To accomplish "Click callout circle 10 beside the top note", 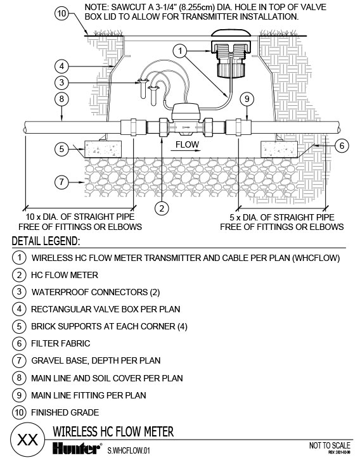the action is [62, 14].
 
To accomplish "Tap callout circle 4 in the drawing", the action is [61, 67].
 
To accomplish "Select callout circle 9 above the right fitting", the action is [247, 99].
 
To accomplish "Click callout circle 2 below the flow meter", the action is [162, 208].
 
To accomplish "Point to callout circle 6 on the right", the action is [342, 145].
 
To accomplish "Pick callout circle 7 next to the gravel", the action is [61, 182].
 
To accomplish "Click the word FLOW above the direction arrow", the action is [187, 144].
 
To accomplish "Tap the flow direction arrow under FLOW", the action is [186, 151].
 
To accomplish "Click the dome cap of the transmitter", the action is [231, 33].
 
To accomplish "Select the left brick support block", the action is [103, 149].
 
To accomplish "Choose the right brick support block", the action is [279, 149].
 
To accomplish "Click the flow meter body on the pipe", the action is [186, 120].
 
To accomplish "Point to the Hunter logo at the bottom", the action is [77, 448].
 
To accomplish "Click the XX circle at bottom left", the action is [28, 440].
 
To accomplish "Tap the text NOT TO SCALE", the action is [330, 445].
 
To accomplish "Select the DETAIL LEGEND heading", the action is [46, 241].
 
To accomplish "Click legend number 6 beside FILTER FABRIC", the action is [19, 343].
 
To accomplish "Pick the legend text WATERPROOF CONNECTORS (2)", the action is [96, 292].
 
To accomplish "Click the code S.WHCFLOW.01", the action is [128, 450].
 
